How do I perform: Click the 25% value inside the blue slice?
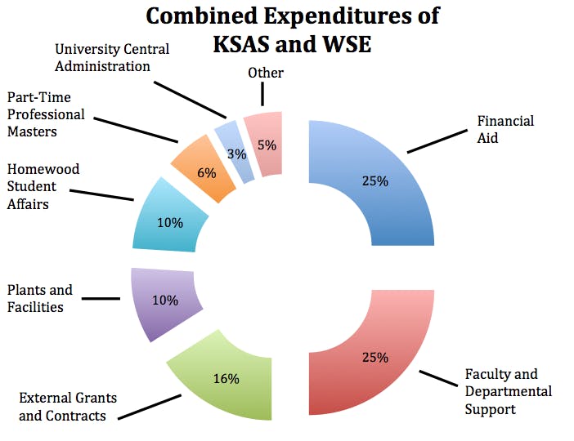(374, 181)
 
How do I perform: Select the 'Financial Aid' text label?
(505, 129)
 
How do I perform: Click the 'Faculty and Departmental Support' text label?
(500, 391)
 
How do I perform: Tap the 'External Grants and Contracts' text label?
(68, 407)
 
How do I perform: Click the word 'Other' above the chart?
(266, 73)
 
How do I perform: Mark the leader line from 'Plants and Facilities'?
(101, 299)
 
